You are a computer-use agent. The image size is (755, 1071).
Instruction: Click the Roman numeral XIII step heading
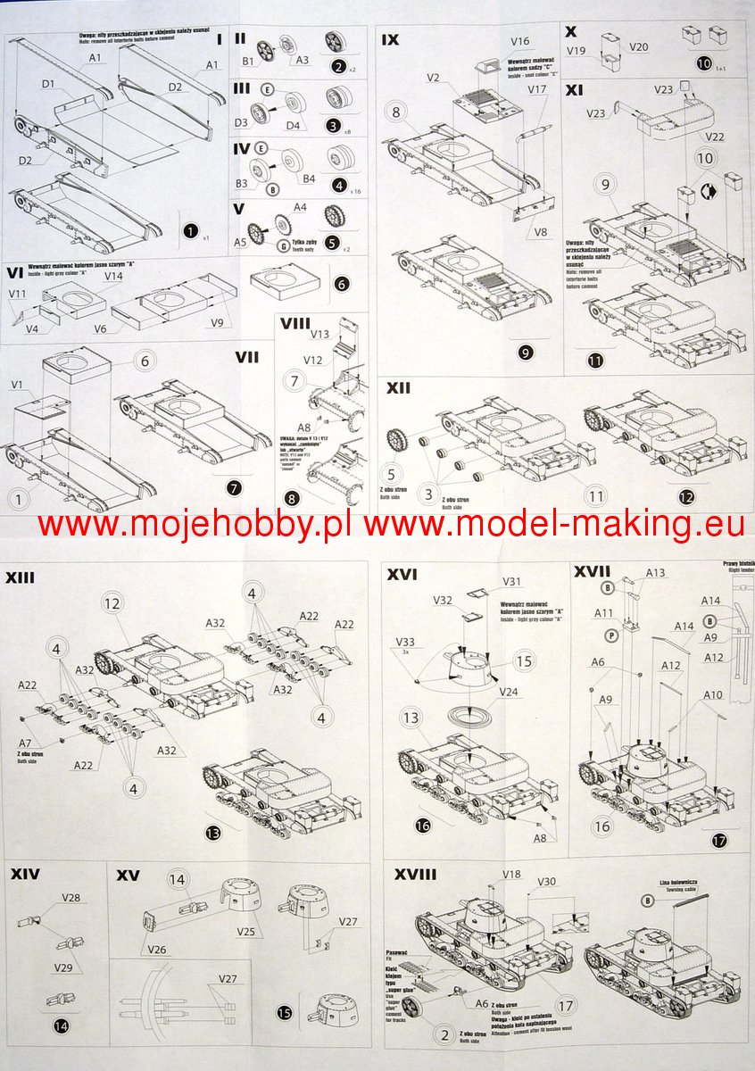pos(21,577)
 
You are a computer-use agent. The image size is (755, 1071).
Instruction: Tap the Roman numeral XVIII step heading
pos(415,874)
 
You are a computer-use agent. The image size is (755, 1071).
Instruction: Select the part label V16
pos(520,41)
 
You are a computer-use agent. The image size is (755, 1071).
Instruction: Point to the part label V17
pos(537,89)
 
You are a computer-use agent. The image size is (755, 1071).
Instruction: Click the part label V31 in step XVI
pos(511,581)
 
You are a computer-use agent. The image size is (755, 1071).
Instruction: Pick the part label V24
pos(509,692)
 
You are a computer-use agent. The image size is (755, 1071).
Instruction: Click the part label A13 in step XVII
pos(655,573)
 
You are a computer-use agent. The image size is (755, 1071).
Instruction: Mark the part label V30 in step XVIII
pos(546,882)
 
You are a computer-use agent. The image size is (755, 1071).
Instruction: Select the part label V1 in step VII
pos(17,386)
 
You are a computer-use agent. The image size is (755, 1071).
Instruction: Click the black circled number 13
pos(212,834)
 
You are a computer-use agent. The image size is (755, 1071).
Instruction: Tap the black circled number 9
pos(526,353)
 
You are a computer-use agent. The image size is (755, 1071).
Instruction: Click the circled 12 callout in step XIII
pos(112,603)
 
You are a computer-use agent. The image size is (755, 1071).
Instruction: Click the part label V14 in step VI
pos(113,277)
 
